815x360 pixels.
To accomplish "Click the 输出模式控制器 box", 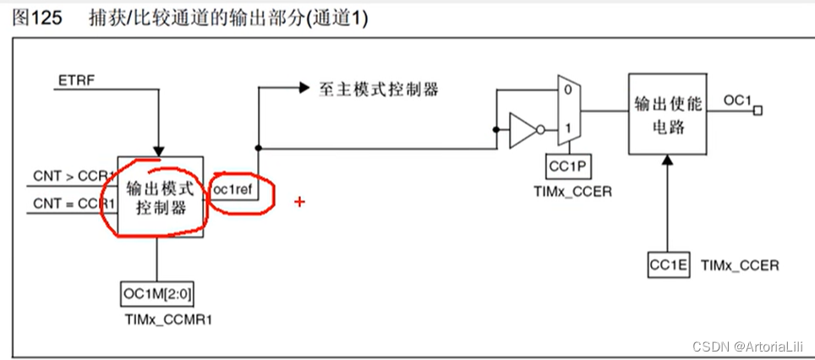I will click(160, 198).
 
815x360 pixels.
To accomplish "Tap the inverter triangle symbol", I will click(522, 130).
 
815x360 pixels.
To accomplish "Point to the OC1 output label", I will click(738, 101).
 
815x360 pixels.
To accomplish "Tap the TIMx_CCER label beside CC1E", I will click(739, 265).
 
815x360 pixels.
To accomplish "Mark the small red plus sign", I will click(298, 201).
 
